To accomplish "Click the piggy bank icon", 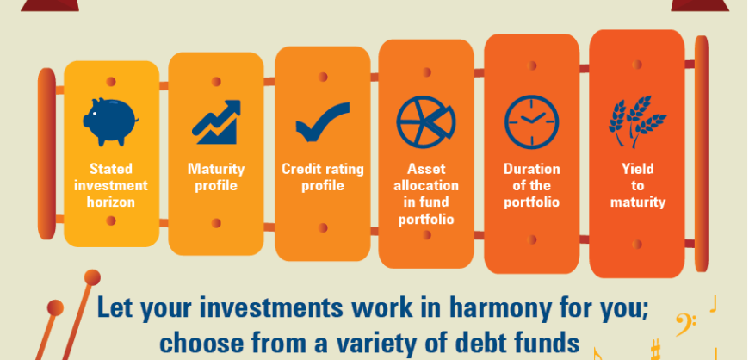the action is (x=111, y=122).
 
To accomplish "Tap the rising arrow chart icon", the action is (x=216, y=122).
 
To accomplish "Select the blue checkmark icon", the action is (x=323, y=121).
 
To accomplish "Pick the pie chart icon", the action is (x=426, y=122).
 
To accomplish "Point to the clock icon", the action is (x=532, y=122).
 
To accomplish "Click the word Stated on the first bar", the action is (x=111, y=169).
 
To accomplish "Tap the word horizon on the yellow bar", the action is (x=111, y=202).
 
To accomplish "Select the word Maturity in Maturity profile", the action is (x=216, y=170).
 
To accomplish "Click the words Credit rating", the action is (x=323, y=170).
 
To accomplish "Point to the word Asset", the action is (x=426, y=169).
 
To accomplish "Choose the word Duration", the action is (x=532, y=169).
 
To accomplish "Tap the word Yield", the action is (x=638, y=169).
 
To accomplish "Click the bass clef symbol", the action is (x=685, y=324).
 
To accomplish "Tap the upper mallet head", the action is (x=92, y=278).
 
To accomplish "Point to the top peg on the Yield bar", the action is (x=637, y=65).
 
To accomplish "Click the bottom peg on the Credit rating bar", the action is (x=323, y=227).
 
